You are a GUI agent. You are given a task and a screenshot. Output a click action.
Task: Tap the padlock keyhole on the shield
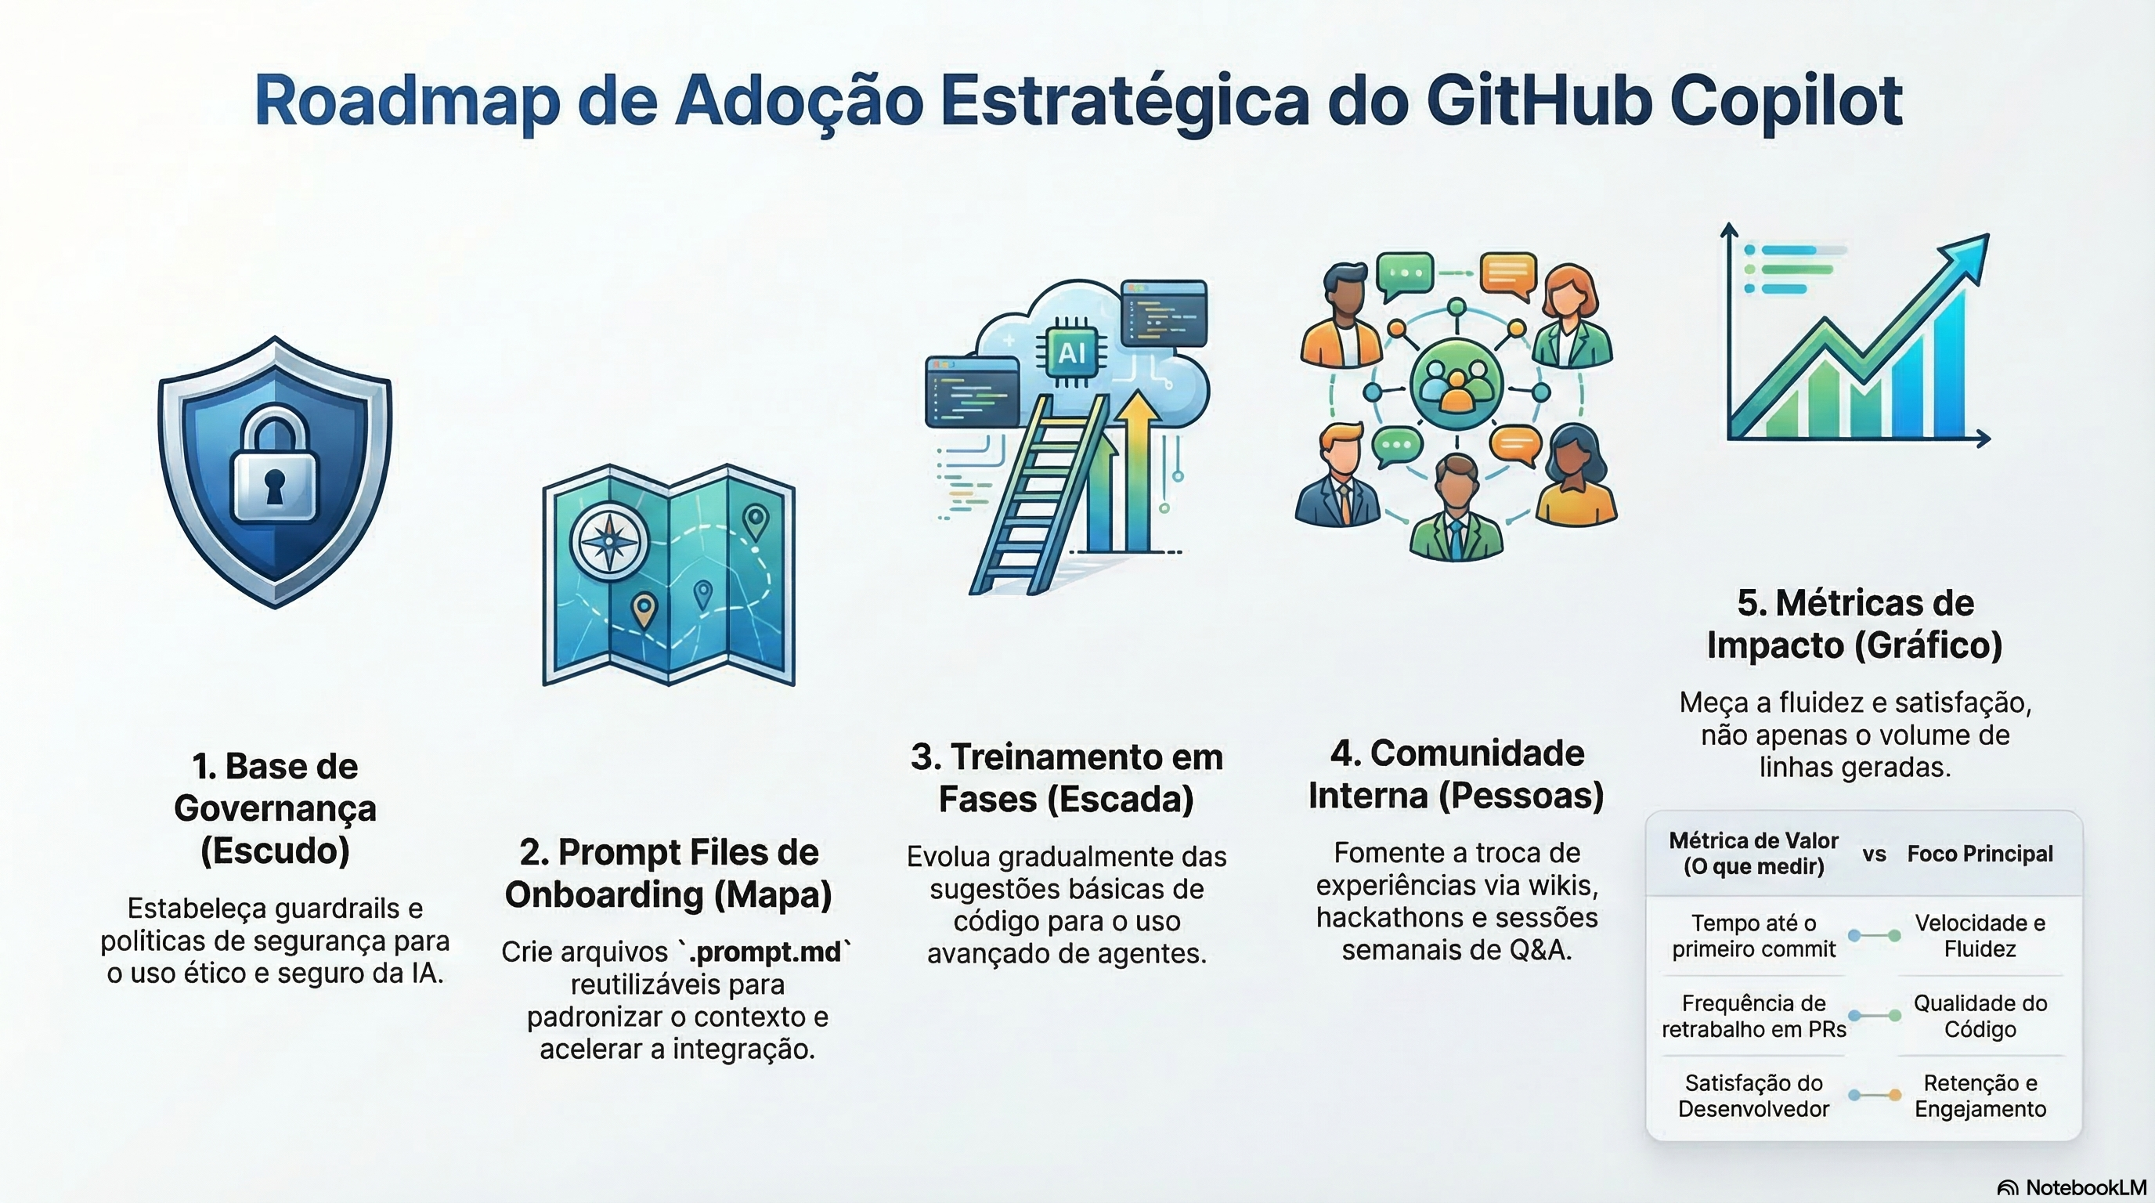point(274,483)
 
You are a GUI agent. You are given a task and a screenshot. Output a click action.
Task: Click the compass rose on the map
point(609,540)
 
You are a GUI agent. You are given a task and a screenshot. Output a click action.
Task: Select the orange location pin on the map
point(644,609)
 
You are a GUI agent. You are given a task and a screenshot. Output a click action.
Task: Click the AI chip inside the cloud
point(1072,353)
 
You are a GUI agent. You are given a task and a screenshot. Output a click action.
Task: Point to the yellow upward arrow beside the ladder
point(1137,468)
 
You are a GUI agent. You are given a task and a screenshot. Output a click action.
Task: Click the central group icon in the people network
point(1457,385)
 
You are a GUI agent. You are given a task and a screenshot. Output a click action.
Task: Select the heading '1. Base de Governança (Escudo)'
point(275,808)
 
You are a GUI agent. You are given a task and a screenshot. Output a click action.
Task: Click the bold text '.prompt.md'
point(763,952)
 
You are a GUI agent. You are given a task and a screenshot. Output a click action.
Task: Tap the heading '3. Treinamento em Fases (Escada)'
point(1067,778)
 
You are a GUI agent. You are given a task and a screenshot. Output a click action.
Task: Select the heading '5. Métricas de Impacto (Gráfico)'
point(1854,624)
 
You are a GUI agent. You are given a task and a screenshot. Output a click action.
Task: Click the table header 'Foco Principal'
point(1980,854)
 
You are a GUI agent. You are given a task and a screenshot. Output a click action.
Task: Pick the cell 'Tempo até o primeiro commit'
point(1753,935)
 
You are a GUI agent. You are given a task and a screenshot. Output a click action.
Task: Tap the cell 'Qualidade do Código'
point(1980,1016)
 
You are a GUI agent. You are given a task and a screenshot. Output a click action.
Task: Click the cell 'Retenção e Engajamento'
point(1980,1096)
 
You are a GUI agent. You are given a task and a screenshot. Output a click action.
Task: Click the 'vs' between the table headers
point(1874,854)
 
